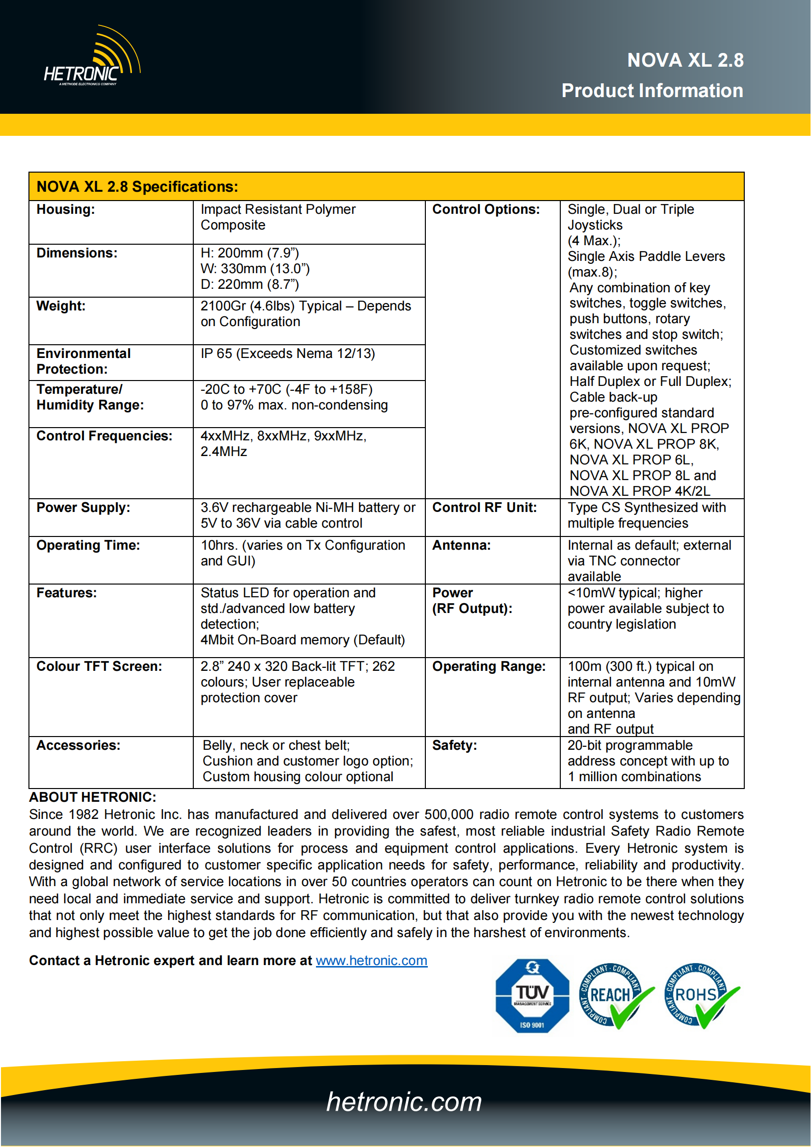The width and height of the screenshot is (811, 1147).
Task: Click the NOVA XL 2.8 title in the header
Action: [685, 60]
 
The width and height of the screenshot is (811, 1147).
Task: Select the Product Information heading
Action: [652, 91]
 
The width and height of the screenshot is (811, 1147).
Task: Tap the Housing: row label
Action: [65, 209]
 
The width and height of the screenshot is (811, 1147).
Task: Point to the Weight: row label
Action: [61, 306]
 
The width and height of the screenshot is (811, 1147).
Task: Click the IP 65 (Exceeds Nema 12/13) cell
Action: [288, 354]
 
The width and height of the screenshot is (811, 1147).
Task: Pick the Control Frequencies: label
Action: [105, 436]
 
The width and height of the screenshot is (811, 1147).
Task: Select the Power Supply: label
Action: [83, 508]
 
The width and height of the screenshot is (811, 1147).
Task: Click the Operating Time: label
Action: [88, 545]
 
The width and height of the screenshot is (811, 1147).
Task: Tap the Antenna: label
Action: [461, 545]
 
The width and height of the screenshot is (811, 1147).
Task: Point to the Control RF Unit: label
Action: [484, 508]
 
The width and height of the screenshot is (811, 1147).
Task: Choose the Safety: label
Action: [454, 745]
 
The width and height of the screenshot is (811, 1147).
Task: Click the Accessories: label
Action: [78, 745]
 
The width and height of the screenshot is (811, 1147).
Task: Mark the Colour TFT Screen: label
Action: [100, 666]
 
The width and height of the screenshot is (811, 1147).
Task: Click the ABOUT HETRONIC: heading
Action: [92, 797]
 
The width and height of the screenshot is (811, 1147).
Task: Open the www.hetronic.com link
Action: [371, 961]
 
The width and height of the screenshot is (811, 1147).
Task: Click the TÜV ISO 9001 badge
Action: [532, 995]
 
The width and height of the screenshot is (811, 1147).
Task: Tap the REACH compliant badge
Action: [614, 995]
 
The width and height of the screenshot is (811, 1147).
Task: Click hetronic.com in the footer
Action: [404, 1102]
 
